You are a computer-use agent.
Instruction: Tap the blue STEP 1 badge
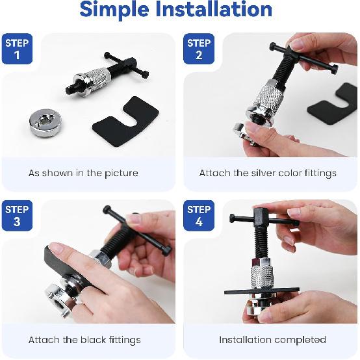[x=17, y=49]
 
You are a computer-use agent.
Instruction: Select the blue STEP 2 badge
[x=199, y=49]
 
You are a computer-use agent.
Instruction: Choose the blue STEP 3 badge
[x=17, y=215]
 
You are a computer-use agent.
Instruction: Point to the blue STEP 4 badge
[x=199, y=215]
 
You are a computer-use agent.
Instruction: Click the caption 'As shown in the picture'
[x=83, y=174]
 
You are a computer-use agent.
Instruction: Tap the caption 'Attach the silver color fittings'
[x=268, y=174]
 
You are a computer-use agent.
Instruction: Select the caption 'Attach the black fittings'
[x=84, y=340]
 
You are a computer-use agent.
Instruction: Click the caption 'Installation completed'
[x=272, y=340]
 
